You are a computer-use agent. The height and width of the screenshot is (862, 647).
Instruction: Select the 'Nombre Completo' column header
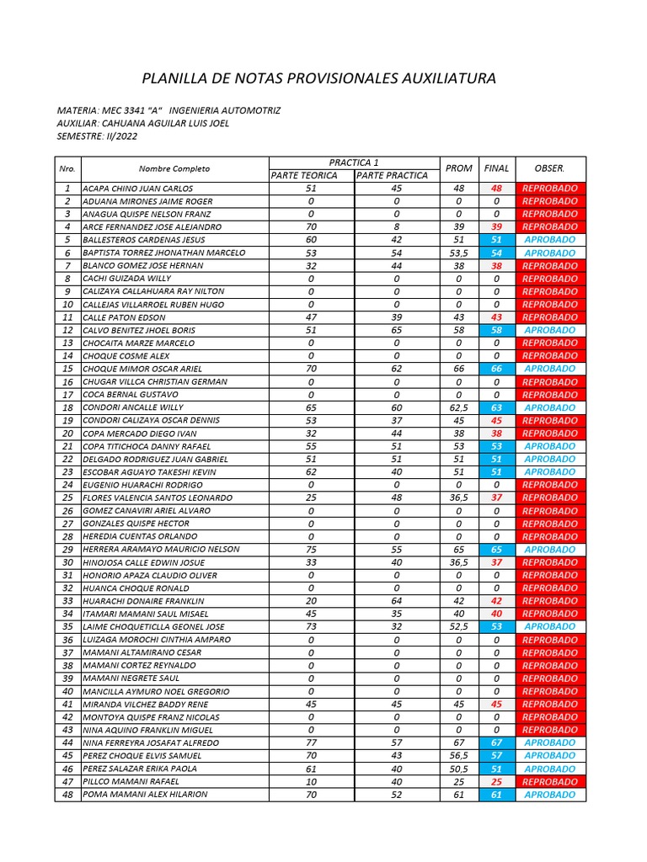(x=174, y=168)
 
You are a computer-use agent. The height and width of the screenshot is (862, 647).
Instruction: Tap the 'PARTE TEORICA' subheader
(x=304, y=175)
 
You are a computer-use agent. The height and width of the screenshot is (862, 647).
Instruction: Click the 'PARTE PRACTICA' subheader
(x=393, y=175)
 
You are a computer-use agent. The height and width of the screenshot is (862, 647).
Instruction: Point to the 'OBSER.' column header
(x=549, y=168)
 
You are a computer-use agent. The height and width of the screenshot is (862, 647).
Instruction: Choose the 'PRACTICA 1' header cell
(x=354, y=162)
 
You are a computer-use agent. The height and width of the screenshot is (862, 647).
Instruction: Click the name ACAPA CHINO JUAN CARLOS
(x=138, y=189)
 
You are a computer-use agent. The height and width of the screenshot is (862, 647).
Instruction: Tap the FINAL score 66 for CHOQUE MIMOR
(x=496, y=369)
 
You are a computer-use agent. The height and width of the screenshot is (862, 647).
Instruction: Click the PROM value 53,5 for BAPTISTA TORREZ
(x=458, y=253)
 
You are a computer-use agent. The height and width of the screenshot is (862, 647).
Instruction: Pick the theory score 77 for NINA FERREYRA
(x=311, y=743)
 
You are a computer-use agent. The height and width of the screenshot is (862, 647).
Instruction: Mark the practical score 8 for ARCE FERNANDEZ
(x=396, y=227)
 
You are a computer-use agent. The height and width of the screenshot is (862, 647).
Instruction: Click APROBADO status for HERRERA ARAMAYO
(x=549, y=549)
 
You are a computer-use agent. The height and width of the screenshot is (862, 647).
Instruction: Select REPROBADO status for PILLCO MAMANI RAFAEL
(x=549, y=782)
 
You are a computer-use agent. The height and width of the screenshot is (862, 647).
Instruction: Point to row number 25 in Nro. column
(x=67, y=498)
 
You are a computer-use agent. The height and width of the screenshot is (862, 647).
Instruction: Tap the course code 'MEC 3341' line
(x=168, y=110)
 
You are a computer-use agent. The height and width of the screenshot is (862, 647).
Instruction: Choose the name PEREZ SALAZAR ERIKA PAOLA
(x=140, y=769)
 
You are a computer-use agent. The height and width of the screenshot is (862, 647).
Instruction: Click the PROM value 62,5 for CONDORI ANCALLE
(x=458, y=407)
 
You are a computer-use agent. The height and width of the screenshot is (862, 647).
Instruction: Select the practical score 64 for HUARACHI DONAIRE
(x=396, y=601)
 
